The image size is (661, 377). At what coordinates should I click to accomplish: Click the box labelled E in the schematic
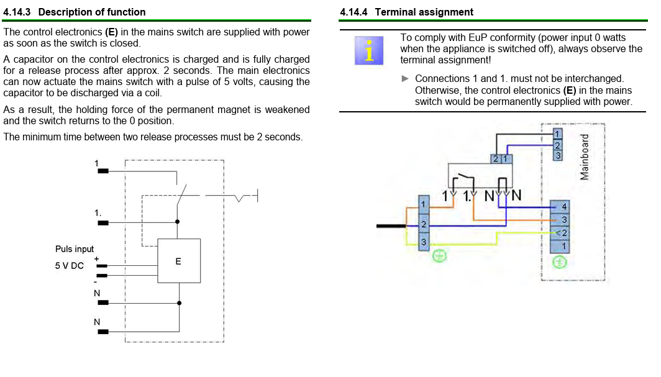179,261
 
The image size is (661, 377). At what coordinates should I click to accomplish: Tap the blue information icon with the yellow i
369,50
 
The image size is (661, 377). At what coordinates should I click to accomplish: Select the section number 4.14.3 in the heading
17,12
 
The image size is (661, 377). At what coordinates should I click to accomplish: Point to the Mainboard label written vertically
584,157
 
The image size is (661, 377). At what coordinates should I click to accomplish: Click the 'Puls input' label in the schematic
74,249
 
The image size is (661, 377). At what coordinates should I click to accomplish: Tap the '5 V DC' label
69,266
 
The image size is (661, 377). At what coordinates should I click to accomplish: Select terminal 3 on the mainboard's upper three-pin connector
558,155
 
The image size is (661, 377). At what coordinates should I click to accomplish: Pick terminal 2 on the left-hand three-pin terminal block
424,224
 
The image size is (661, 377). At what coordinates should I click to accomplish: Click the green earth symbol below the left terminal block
439,256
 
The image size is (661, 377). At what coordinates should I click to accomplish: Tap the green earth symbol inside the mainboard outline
559,262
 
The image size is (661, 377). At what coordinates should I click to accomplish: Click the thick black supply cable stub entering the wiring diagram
391,226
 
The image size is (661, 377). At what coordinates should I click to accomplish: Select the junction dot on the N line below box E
179,303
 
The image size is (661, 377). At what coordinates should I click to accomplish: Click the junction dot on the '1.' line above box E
178,222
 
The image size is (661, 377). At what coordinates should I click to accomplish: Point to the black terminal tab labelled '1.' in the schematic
103,223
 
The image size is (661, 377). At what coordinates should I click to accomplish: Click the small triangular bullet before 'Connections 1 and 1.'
405,78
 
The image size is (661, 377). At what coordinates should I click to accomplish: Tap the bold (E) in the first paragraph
111,32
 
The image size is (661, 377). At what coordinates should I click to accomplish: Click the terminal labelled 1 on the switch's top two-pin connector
506,159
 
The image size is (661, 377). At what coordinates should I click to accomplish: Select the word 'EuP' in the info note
478,38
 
